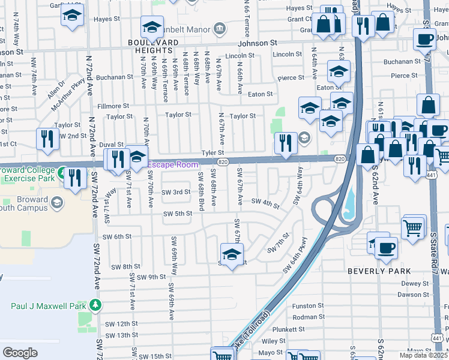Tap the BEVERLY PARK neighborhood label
pos(379,271)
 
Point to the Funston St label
pos(308,305)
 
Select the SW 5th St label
pos(179,214)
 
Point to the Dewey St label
pos(415,283)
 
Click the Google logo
pos(20,353)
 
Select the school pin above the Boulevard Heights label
pos(152,27)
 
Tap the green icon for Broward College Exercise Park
pos(62,174)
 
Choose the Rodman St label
pos(308,317)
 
